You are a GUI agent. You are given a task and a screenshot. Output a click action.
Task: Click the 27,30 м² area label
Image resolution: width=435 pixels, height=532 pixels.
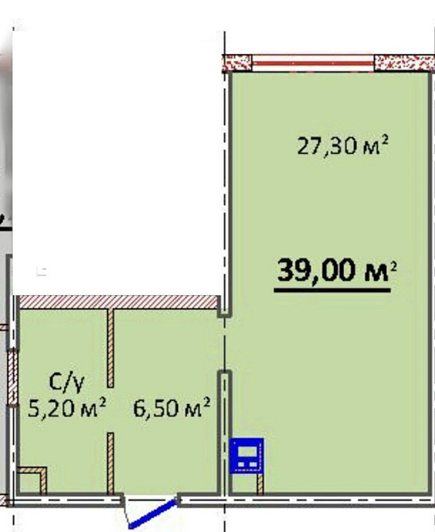click(x=342, y=145)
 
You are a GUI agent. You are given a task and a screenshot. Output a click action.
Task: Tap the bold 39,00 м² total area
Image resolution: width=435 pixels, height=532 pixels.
click(x=337, y=271)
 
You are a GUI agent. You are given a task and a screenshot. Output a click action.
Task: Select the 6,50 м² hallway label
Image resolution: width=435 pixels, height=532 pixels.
click(x=171, y=408)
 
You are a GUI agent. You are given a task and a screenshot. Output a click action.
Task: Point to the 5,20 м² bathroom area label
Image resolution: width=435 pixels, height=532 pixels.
click(x=67, y=408)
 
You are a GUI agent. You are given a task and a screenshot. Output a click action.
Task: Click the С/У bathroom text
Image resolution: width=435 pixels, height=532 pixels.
click(x=67, y=383)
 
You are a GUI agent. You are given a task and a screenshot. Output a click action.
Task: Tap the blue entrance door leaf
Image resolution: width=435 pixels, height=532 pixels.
click(x=153, y=514)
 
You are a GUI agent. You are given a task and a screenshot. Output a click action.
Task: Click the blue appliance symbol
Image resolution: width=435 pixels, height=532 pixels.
click(x=247, y=455)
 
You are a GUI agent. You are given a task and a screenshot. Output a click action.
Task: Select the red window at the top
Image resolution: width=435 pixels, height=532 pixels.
click(x=313, y=63)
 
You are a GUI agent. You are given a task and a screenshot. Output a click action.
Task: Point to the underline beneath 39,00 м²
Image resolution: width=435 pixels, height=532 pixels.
click(x=332, y=290)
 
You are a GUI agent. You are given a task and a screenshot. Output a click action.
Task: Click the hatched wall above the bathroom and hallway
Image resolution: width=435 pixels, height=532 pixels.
click(x=117, y=303)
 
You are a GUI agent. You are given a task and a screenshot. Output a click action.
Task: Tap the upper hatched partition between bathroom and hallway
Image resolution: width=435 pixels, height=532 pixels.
click(x=110, y=348)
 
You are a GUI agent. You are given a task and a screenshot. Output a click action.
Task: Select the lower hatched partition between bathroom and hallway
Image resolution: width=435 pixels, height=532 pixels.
click(x=110, y=464)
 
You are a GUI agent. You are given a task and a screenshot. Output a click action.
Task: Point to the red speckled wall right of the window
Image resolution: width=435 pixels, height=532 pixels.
click(x=404, y=63)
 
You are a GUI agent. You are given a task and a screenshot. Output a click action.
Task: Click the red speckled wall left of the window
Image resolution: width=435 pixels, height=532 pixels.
click(x=237, y=64)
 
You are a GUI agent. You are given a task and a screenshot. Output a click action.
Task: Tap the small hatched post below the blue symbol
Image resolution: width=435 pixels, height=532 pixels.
click(x=260, y=484)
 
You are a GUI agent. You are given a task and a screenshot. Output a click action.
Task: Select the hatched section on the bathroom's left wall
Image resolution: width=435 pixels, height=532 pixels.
click(x=13, y=378)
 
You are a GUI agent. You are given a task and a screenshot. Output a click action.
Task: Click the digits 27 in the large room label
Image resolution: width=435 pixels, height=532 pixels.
click(x=310, y=146)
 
